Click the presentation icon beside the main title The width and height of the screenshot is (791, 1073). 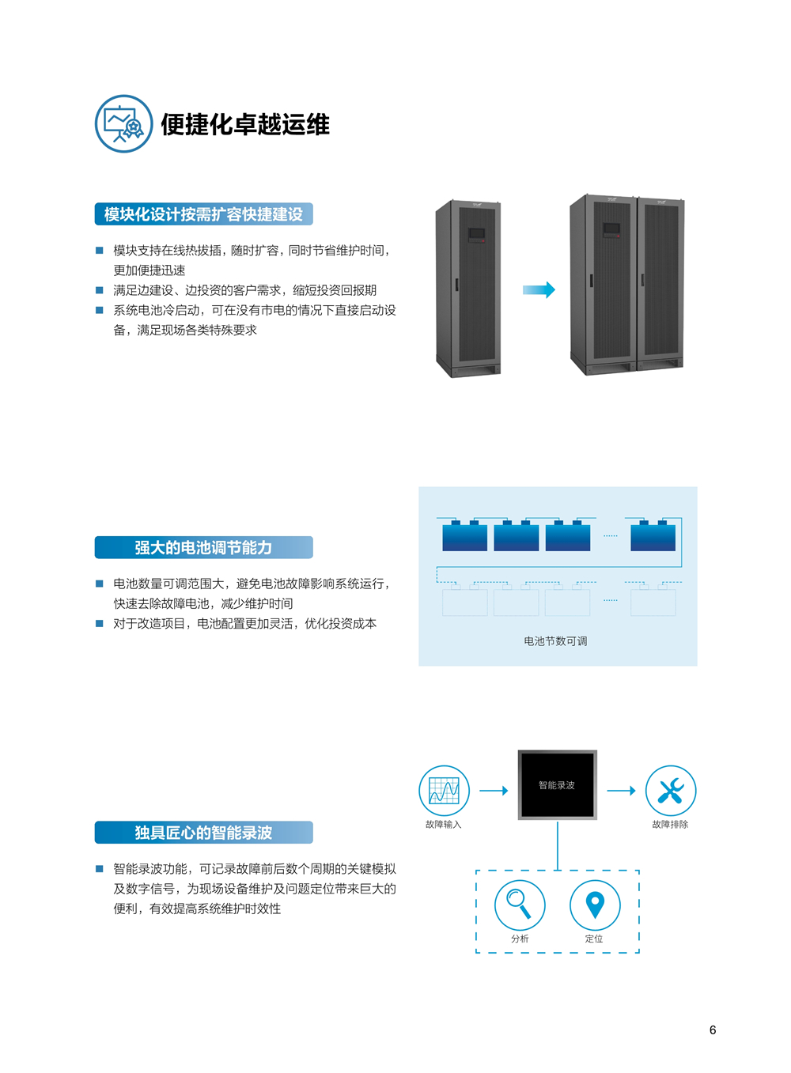point(123,123)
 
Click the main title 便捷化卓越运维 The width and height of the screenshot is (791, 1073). point(245,125)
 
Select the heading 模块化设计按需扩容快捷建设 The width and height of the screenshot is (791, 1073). point(203,214)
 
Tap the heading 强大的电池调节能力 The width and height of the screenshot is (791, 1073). point(203,547)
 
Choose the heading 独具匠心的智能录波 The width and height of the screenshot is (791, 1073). point(203,833)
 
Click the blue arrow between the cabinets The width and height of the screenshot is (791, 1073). point(539,290)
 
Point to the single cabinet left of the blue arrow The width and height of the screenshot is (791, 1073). point(468,289)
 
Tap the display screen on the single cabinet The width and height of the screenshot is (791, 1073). point(476,234)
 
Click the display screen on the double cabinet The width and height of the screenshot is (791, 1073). point(611,229)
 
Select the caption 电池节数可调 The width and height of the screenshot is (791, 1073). point(555,641)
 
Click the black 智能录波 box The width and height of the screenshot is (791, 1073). point(557,785)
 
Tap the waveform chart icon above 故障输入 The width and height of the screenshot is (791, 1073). point(444,791)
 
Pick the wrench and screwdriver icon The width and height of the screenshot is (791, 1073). point(671,791)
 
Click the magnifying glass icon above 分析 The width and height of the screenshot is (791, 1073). point(520,905)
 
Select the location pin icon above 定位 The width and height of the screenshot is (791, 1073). point(595,905)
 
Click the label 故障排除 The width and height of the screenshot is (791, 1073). point(670,825)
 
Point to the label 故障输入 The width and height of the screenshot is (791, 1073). point(443,825)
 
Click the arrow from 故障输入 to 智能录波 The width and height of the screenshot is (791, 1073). point(494,791)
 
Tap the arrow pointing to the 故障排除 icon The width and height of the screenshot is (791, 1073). point(621,791)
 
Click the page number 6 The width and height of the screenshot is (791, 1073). point(713,1030)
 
